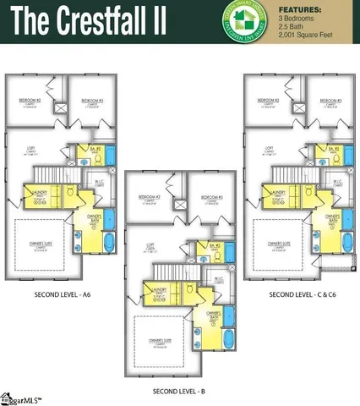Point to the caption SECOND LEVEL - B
click(178, 392)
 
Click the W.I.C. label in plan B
click(218, 279)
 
